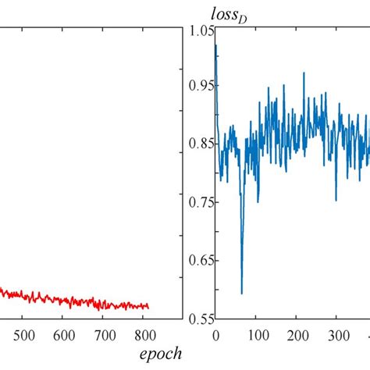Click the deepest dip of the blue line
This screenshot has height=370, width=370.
point(241,294)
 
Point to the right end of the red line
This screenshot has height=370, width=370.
point(148,307)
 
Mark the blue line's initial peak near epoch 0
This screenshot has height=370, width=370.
point(215,45)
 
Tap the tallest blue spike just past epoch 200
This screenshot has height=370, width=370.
point(304,73)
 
